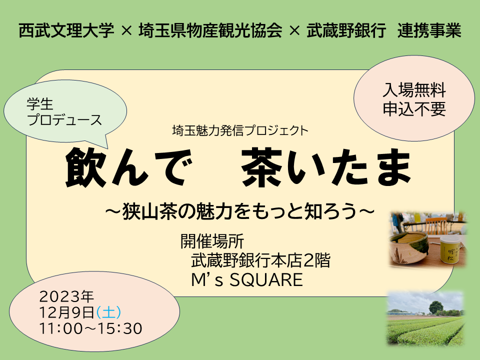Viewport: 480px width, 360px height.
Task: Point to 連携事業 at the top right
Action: click(429, 31)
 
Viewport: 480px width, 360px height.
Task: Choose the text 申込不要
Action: click(414, 108)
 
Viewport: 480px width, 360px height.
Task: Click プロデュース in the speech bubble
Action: click(64, 120)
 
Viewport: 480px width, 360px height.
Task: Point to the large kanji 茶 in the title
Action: click(263, 166)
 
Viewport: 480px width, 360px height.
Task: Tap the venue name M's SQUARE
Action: click(247, 280)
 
